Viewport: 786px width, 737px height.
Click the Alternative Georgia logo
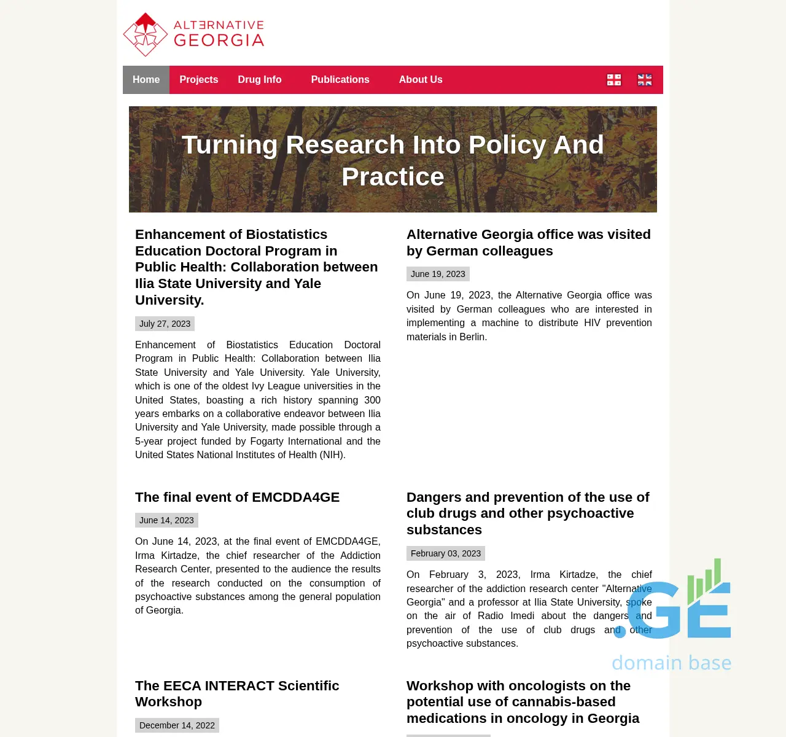(193, 34)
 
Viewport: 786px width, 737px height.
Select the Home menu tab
(146, 80)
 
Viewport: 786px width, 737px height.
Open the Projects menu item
(199, 80)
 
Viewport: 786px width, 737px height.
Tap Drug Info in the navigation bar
(260, 80)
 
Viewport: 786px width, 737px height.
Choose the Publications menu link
(340, 80)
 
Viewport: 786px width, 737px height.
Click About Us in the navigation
(421, 80)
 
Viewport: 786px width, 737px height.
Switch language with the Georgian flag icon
(614, 80)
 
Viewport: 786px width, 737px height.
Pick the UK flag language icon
(645, 80)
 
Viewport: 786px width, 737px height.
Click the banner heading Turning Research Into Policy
(393, 160)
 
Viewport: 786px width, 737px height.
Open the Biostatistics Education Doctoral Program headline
(257, 267)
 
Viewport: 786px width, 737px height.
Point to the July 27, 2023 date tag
(165, 324)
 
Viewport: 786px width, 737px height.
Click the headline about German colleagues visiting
(528, 243)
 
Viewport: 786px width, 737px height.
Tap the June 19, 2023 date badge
(438, 274)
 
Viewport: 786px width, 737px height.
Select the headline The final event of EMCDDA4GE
(237, 497)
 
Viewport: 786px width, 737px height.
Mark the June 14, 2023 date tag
(166, 520)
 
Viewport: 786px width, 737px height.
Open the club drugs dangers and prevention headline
(527, 513)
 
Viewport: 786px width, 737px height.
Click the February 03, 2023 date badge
(446, 553)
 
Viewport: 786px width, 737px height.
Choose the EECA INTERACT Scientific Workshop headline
(237, 693)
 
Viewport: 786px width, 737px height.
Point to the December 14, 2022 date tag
(177, 725)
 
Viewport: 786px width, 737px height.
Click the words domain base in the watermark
(671, 663)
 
